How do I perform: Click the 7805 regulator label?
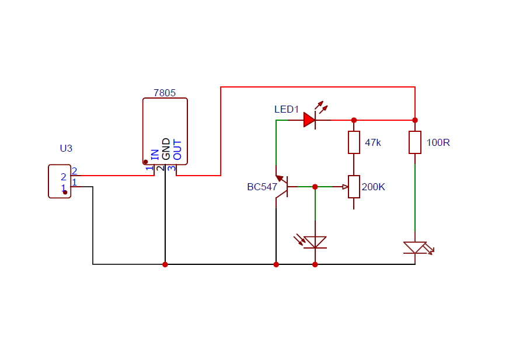pos(165,93)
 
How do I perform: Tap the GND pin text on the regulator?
pos(166,149)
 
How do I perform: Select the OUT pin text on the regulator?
pos(177,149)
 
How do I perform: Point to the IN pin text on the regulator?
pos(155,155)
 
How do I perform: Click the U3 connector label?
pos(66,148)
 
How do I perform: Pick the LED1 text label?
pos(286,109)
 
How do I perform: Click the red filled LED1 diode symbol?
pos(309,120)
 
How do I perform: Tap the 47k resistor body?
pos(354,142)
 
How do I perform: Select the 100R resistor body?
pos(415,142)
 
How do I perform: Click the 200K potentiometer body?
pos(354,187)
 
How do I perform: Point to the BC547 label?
pos(262,187)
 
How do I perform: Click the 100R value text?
pos(438,142)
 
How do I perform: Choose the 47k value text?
pos(372,142)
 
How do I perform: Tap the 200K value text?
pos(374,187)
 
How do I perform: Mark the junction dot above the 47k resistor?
pos(354,120)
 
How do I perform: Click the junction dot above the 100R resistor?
pos(415,120)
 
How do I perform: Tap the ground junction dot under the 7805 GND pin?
pos(165,264)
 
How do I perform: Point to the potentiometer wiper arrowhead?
pos(346,187)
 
